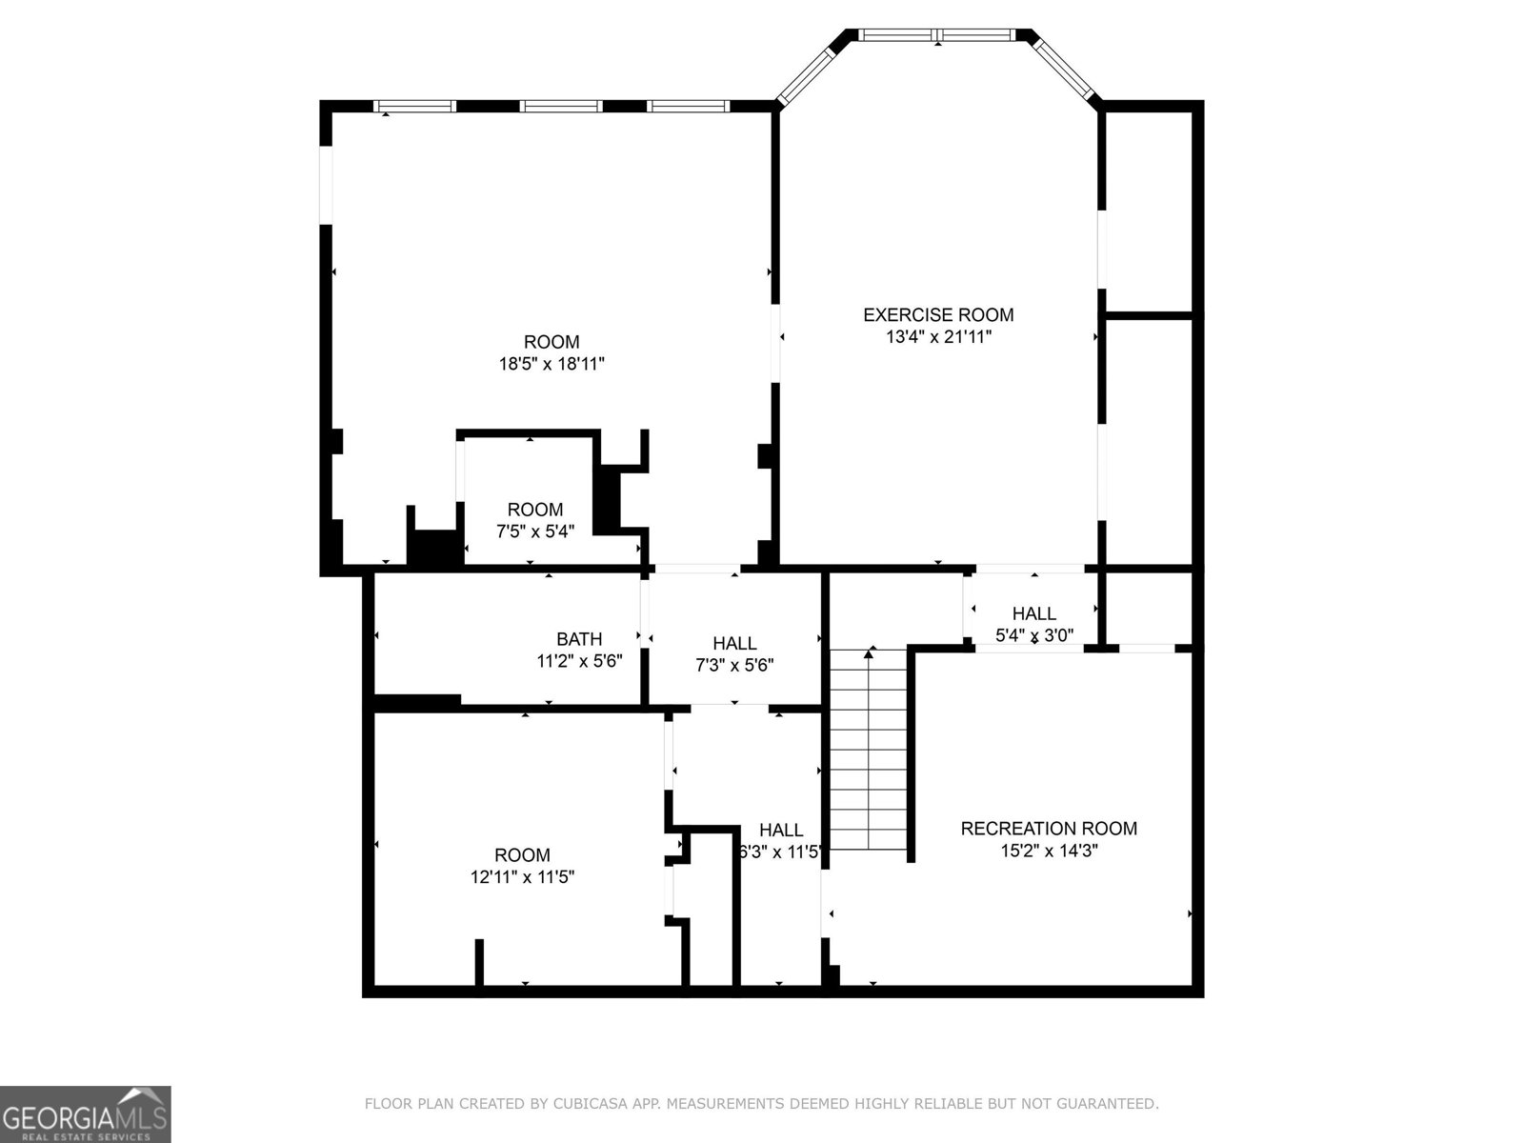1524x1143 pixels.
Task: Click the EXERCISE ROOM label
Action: click(938, 314)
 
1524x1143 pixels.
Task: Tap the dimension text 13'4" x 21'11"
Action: click(938, 336)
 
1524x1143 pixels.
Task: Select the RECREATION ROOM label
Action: click(1049, 829)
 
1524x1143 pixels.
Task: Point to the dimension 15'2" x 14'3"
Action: click(1049, 852)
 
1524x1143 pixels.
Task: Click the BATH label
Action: click(579, 639)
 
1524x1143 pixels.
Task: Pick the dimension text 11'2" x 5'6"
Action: click(579, 661)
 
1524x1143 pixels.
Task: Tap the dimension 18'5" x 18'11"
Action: click(551, 364)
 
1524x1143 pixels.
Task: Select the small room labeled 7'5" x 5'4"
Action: click(534, 520)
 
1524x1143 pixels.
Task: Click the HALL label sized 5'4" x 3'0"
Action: click(1033, 614)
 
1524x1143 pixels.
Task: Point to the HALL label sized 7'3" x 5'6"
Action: click(734, 644)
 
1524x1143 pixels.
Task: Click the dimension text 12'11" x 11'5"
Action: click(522, 877)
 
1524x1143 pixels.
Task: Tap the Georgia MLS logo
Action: click(86, 1113)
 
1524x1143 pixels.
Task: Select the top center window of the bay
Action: click(938, 35)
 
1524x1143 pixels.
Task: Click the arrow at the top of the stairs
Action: click(869, 653)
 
